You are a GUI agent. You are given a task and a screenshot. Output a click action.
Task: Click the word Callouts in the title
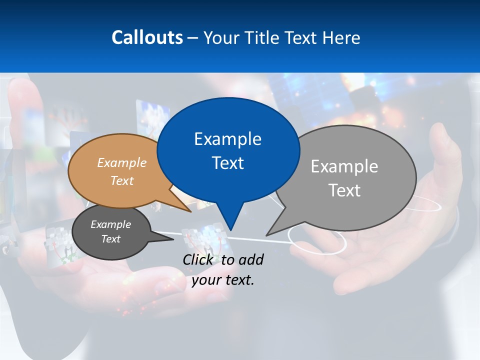147,37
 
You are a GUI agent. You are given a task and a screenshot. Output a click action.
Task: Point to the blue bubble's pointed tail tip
230,229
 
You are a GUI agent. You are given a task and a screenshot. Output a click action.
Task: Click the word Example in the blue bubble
227,139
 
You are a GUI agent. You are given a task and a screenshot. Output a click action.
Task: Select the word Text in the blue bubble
228,163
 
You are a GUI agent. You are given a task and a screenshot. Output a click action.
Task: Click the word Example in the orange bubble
122,163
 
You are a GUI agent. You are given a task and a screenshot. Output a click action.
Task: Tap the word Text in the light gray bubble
344,190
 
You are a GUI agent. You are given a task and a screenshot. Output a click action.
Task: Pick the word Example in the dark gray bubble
110,224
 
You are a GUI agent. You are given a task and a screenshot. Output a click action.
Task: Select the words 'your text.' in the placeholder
223,280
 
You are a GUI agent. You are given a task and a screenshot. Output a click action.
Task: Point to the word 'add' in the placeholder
251,259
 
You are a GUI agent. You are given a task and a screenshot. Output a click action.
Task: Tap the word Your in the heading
221,37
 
